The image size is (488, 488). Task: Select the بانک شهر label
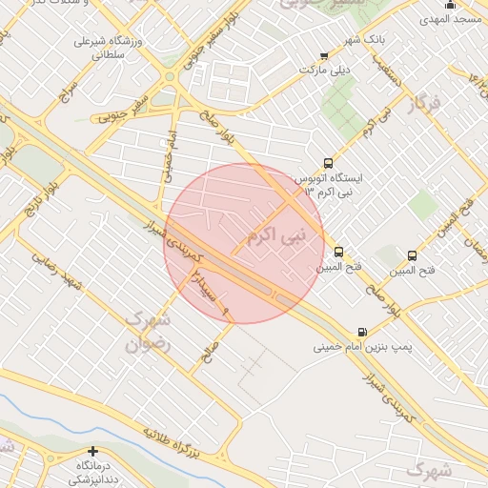pyautogui.click(x=340, y=39)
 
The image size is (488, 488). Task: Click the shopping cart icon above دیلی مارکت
pyautogui.click(x=324, y=55)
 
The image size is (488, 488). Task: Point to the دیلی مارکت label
pyautogui.click(x=325, y=70)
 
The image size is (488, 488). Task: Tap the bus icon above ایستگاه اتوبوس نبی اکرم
pyautogui.click(x=329, y=163)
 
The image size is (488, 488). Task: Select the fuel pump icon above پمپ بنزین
pyautogui.click(x=361, y=332)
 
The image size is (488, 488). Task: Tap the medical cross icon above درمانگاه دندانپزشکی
pyautogui.click(x=92, y=450)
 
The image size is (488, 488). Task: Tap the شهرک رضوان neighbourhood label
pyautogui.click(x=148, y=332)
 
